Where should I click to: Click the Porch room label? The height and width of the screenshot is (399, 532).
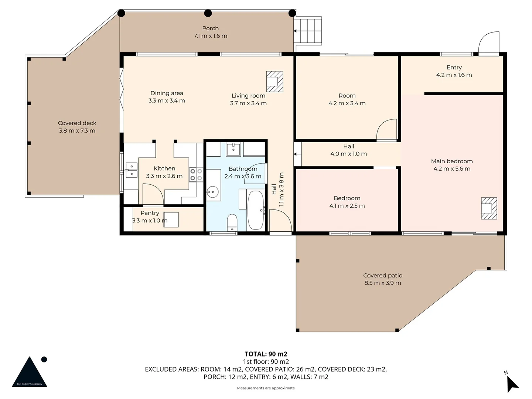[x=210, y=28]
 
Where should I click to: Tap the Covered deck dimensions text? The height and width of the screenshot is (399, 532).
[x=77, y=131]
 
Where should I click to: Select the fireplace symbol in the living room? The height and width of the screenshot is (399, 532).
[x=274, y=81]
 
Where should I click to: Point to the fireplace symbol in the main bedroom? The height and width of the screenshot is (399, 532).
[x=489, y=208]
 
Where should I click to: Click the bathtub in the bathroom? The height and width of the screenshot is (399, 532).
[x=255, y=210]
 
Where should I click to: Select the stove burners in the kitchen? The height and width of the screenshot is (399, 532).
[x=196, y=175]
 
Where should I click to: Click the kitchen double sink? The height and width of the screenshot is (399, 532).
[x=132, y=170]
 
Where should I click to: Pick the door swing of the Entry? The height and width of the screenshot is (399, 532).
[x=488, y=42]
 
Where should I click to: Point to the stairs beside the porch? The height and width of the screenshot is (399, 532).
[x=308, y=31]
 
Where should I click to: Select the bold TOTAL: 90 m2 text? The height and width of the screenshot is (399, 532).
[x=266, y=354]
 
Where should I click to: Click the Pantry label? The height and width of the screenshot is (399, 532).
[x=150, y=213]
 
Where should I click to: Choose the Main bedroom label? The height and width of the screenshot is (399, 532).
[x=451, y=161]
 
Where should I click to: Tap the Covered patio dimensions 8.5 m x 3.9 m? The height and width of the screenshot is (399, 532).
[x=382, y=283]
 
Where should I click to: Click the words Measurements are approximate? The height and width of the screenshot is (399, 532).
[x=266, y=388]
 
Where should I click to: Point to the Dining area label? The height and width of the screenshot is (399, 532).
[x=167, y=93]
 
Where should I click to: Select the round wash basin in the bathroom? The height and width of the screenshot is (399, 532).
[x=212, y=192]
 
